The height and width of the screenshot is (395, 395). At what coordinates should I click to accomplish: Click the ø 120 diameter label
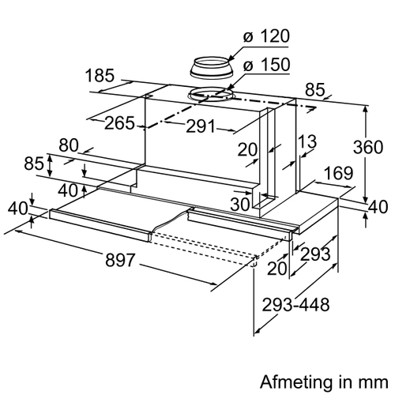pos(266,36)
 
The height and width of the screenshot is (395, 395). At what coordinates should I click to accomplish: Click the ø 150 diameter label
pos(266,65)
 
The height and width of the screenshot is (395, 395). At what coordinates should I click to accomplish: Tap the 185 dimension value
pos(100,76)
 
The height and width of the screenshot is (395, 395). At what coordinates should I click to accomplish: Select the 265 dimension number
pos(120,123)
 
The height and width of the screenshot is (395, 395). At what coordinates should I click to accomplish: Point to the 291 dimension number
pos(201,126)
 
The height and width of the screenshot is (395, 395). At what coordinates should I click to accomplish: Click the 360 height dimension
pos(368,147)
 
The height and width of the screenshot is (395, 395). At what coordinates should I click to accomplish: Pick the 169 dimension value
pos(338,173)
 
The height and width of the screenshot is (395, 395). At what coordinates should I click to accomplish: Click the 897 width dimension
pos(120,260)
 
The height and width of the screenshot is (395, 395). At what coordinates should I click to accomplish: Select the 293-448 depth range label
pos(295,305)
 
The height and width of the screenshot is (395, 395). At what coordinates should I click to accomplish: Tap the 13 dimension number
pos(307,141)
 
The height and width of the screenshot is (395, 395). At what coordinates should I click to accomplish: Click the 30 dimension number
pos(240,204)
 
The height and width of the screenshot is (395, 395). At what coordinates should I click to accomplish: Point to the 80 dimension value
pos(69,145)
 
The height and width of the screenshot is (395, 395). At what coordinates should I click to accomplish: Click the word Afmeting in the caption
pos(295,382)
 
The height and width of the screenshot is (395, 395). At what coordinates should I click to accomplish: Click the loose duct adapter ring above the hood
pos(212,68)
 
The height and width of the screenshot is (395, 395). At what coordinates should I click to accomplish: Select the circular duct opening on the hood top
pos(211,95)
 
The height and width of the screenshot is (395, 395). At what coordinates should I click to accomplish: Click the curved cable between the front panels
pos(171,220)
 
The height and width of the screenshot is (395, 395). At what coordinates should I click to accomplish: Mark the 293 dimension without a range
pos(315,254)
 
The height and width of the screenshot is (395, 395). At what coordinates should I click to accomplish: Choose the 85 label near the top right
pos(315,89)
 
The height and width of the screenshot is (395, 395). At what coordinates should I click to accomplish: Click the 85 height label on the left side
pos(34,164)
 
